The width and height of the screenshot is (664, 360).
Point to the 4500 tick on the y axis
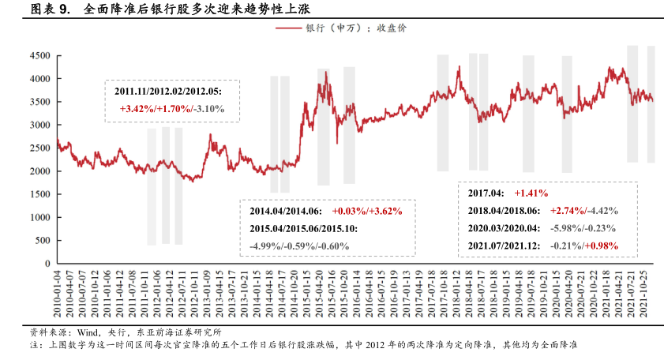[39, 56]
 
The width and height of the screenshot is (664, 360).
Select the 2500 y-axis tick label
[39, 148]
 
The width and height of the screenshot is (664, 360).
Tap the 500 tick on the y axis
[42, 240]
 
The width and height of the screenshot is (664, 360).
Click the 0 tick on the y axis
[47, 263]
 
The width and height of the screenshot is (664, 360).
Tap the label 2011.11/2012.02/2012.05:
[167, 92]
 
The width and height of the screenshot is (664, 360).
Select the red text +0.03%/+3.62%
[367, 212]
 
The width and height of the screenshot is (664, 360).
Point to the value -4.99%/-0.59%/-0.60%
[298, 246]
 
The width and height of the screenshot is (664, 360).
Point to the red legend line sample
[289, 28]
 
